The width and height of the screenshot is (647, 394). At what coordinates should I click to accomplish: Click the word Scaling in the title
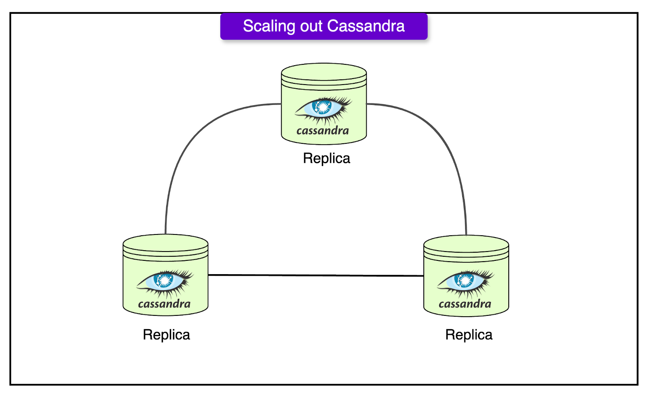[269, 26]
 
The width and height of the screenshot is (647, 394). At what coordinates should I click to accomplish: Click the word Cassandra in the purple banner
[366, 26]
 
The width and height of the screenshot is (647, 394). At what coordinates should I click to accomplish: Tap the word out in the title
[311, 26]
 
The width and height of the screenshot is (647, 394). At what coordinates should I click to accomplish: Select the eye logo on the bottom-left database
[165, 282]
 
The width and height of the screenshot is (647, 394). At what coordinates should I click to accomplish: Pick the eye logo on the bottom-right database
[465, 282]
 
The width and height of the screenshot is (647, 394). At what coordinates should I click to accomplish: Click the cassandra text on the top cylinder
[322, 131]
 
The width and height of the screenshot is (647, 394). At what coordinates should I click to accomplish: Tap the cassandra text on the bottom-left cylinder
[164, 304]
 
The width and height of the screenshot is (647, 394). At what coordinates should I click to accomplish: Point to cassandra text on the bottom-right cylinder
[465, 304]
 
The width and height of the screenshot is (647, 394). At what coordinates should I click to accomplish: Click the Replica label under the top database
[326, 158]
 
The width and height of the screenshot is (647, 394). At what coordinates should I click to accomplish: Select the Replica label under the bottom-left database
[166, 335]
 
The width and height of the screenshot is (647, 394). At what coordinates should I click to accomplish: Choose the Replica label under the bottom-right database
[469, 335]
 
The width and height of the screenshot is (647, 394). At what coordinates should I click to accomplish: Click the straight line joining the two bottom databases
[315, 275]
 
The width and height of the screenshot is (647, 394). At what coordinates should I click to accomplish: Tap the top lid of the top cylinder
[323, 72]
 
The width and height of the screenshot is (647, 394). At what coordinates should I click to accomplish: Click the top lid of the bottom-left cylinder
[165, 243]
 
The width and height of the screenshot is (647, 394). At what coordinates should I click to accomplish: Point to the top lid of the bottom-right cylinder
[466, 244]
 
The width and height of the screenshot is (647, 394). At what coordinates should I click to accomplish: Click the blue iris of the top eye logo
[323, 107]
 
